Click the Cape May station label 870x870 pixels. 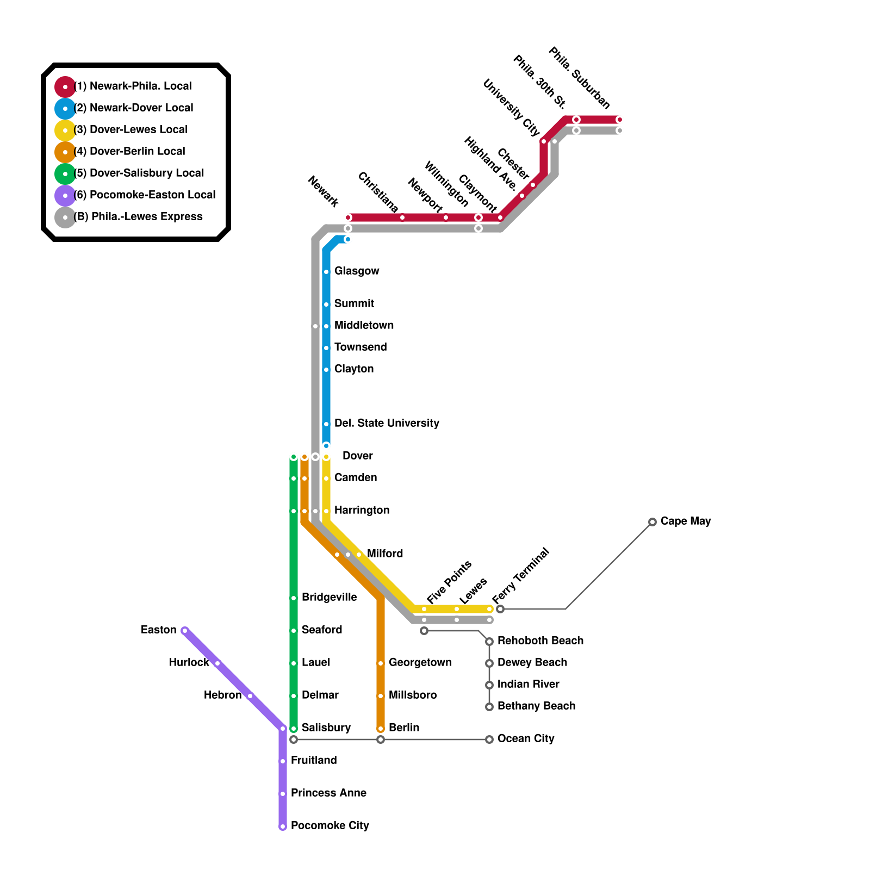pyautogui.click(x=685, y=521)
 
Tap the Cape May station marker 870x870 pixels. pyautogui.click(x=652, y=522)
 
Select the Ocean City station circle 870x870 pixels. pyautogui.click(x=489, y=739)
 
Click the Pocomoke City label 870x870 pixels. pyautogui.click(x=330, y=826)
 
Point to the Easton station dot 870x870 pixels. pyautogui.click(x=185, y=631)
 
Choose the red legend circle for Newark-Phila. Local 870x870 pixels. pyautogui.click(x=65, y=87)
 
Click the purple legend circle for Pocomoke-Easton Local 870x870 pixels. pyautogui.click(x=65, y=196)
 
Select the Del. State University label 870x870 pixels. pyautogui.click(x=387, y=424)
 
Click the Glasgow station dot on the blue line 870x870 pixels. pyautogui.click(x=326, y=272)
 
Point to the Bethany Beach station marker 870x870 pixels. pyautogui.click(x=489, y=707)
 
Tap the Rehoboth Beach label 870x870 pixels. pyautogui.click(x=540, y=641)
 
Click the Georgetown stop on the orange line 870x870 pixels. pyautogui.click(x=381, y=663)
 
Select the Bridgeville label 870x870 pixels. pyautogui.click(x=329, y=598)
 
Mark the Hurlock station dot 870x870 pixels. pyautogui.click(x=217, y=663)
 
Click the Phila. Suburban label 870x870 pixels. pyautogui.click(x=580, y=78)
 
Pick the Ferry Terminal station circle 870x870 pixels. pyautogui.click(x=500, y=609)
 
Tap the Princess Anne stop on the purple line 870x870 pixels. pyautogui.click(x=283, y=794)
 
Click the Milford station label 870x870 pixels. pyautogui.click(x=385, y=554)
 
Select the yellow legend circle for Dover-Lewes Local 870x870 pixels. pyautogui.click(x=65, y=130)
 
